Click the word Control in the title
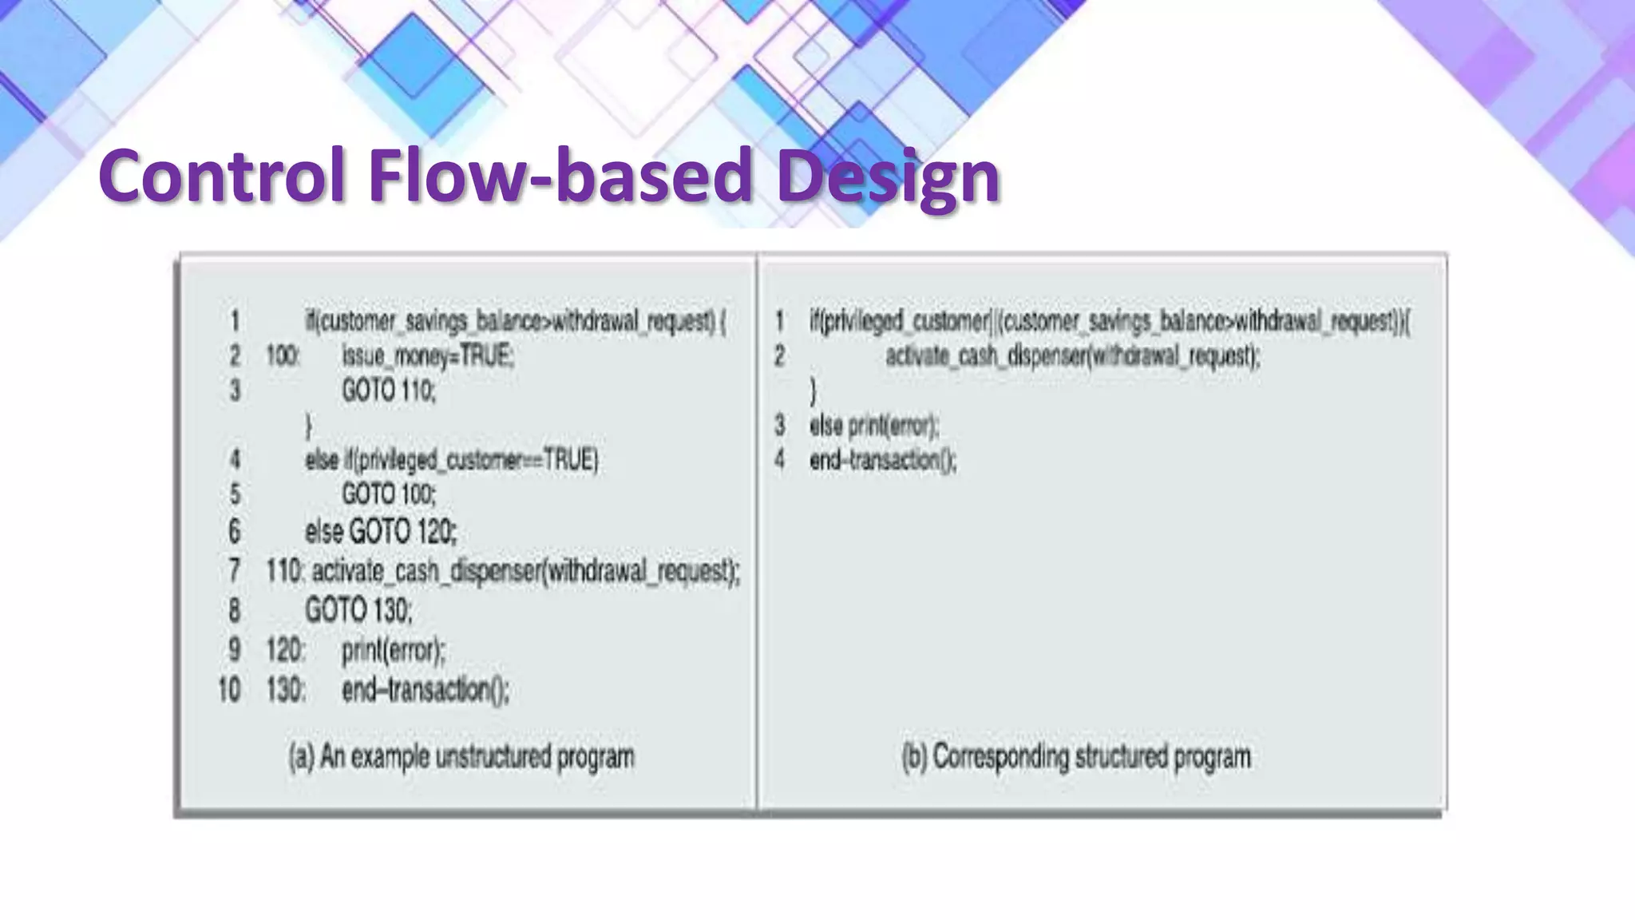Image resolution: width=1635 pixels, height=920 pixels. tap(222, 176)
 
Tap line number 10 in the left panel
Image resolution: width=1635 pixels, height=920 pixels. tap(229, 689)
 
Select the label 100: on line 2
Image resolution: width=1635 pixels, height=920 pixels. tap(283, 356)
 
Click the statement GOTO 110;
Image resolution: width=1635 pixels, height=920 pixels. tap(389, 391)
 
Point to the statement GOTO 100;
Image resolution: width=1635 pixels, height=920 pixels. tap(389, 494)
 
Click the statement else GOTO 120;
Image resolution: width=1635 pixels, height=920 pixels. tap(381, 531)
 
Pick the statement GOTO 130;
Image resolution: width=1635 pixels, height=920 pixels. tap(358, 610)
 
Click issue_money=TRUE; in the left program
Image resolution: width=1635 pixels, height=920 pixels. tap(428, 356)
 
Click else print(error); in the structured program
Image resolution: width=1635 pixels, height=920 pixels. tap(874, 426)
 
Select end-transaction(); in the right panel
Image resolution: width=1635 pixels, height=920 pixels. tap(882, 460)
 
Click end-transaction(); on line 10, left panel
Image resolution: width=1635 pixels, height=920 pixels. tap(425, 689)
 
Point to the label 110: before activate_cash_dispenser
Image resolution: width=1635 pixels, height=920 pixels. tap(284, 570)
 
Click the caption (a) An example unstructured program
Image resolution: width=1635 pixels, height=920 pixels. tap(461, 756)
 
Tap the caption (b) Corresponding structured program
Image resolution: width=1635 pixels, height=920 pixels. tap(1075, 756)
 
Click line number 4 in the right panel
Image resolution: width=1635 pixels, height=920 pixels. tap(779, 460)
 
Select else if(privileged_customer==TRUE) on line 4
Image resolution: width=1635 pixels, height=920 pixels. tap(451, 460)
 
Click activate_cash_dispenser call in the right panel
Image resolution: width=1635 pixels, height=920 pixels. tap(1072, 356)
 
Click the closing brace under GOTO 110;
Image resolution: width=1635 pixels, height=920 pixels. tap(309, 425)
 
